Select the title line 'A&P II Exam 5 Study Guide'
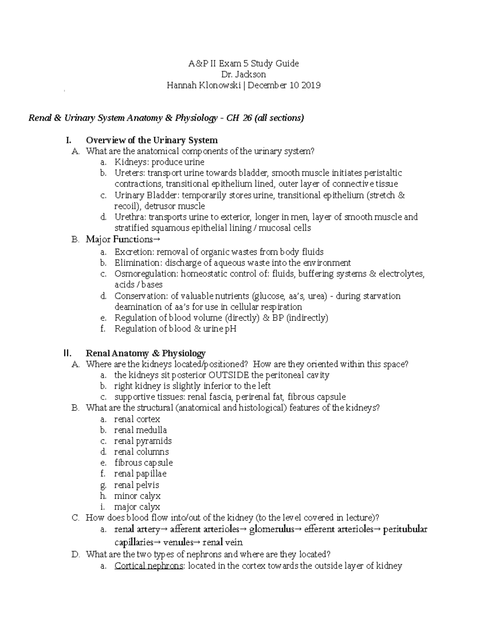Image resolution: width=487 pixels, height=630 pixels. tap(243, 63)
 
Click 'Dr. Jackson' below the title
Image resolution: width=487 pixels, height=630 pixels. tap(243, 74)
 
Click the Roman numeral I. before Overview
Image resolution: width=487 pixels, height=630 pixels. tap(68, 140)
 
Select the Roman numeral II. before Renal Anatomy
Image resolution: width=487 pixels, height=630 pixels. tap(68, 353)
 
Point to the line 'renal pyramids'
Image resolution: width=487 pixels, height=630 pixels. tap(143, 441)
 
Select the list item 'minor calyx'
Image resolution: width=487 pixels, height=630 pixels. tap(137, 496)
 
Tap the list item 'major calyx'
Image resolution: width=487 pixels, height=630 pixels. tap(137, 507)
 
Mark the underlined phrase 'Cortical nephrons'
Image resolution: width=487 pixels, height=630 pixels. tap(149, 566)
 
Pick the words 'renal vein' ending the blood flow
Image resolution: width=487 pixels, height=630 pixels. tap(222, 542)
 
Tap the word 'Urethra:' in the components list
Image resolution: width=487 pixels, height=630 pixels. tap(131, 217)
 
